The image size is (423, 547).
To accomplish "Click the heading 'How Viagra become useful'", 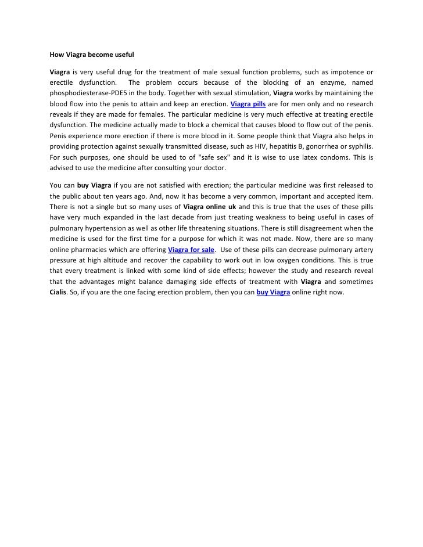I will pos(92,56).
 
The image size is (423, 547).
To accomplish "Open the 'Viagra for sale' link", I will pos(191,250).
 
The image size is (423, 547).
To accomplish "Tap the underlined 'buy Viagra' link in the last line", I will pos(273,293).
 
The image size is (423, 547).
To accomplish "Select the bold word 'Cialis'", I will pos(57,293).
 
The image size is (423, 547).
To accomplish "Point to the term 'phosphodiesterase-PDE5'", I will pos(86,93).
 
